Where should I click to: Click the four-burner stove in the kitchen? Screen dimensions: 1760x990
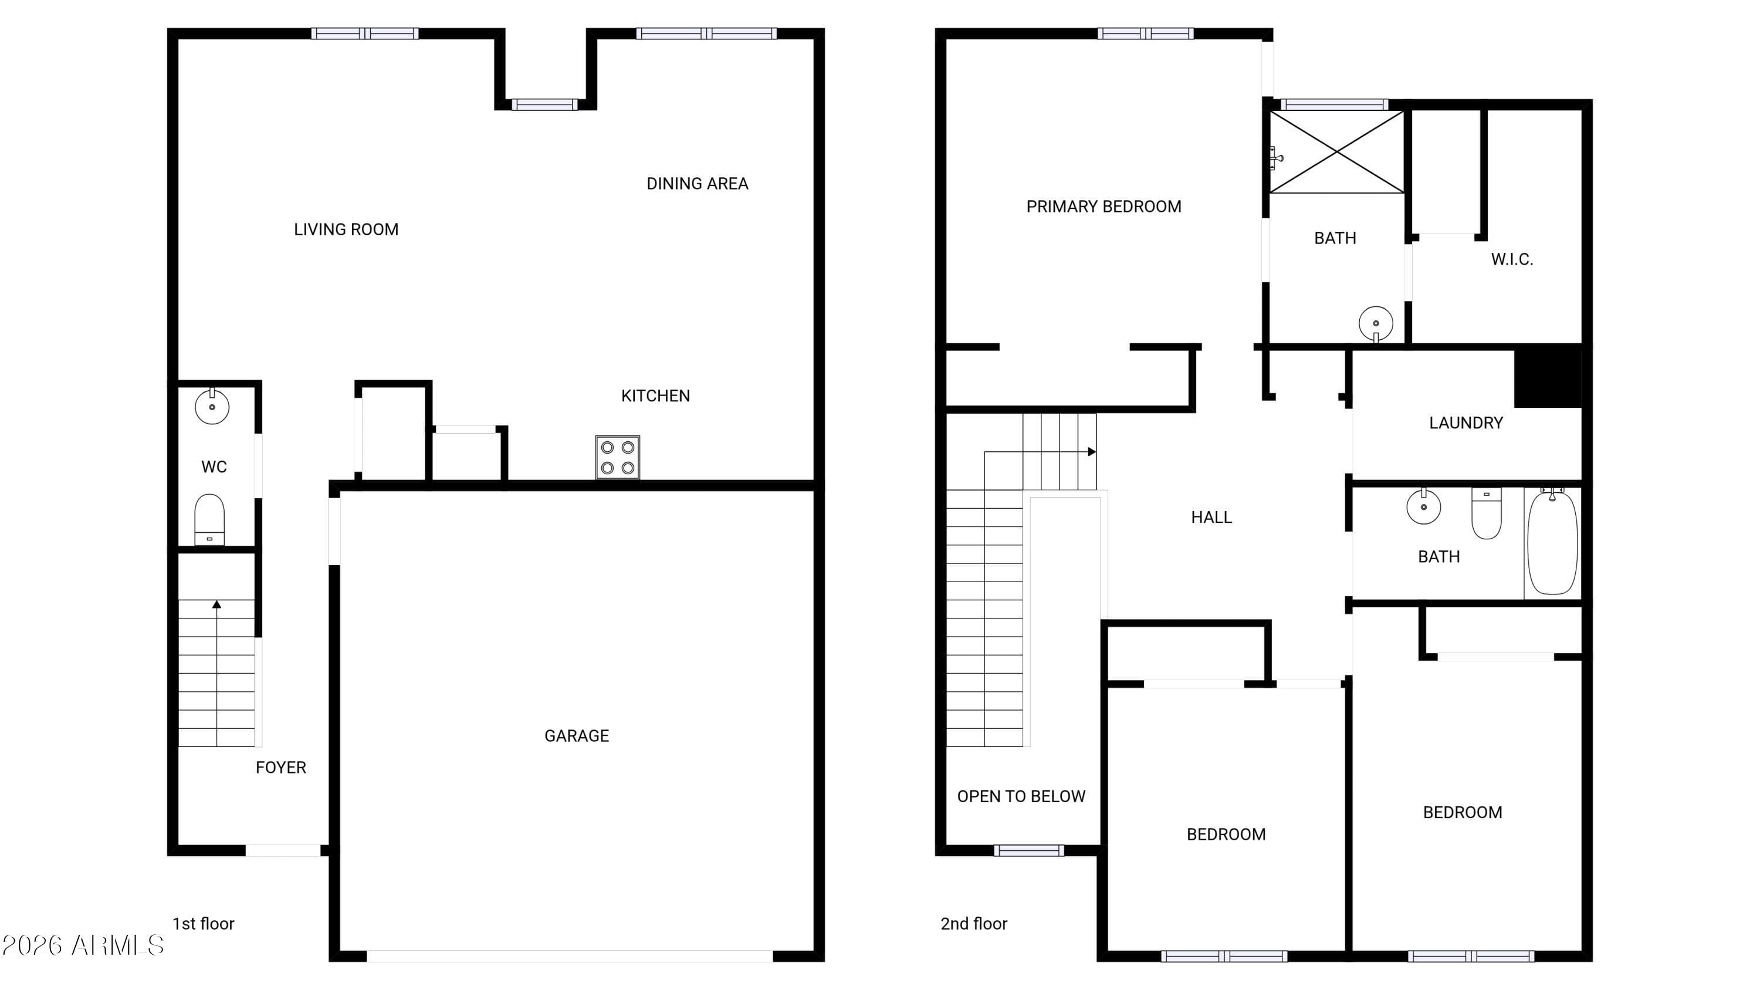[618, 457]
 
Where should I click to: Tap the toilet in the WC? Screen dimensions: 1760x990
[210, 519]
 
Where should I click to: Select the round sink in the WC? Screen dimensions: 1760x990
[212, 406]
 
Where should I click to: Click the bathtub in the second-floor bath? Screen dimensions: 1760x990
[1552, 542]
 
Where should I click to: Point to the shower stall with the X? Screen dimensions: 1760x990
[1336, 151]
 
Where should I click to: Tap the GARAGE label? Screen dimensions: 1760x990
[577, 736]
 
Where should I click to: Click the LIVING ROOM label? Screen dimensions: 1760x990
[346, 229]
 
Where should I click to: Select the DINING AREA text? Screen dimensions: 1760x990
[698, 184]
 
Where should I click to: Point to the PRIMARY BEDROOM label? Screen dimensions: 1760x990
[1104, 207]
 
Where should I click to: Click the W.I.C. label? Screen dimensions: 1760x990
[1512, 259]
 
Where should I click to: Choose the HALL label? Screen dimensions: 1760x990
[1211, 517]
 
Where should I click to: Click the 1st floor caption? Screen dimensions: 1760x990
[204, 924]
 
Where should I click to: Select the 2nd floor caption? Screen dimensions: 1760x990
[974, 924]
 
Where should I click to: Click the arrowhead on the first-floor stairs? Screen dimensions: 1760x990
[216, 604]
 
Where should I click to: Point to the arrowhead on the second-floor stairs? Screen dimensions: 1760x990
[1092, 452]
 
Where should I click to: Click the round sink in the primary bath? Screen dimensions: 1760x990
[1376, 324]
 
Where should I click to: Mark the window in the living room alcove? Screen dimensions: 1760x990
[544, 104]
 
